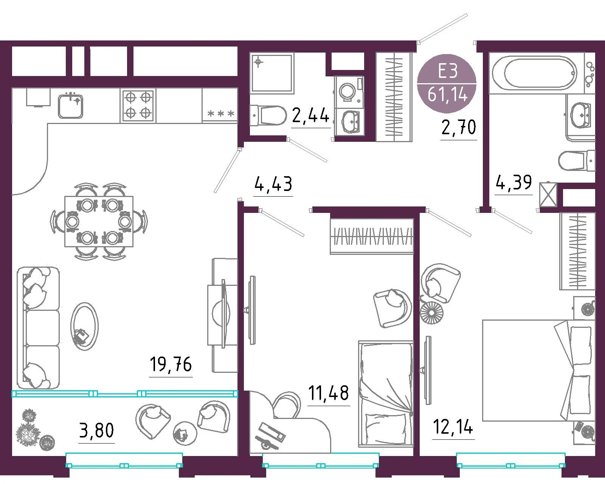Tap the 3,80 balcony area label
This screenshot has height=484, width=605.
96,430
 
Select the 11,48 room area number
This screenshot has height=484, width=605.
328,392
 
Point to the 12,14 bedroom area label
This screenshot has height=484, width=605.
453,427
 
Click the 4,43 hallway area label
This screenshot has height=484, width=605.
273,184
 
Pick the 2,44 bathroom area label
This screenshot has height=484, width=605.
310,115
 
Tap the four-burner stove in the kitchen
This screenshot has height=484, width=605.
138,105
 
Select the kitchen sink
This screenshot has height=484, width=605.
71,106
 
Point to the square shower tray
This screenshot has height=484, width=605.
271,73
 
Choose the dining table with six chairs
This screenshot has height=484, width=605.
99,221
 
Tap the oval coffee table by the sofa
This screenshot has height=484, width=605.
84,326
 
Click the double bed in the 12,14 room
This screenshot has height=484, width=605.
539,371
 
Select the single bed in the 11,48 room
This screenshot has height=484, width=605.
386,394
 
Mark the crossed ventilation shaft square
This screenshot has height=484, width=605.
548,195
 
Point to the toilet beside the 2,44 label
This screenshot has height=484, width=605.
268,115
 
